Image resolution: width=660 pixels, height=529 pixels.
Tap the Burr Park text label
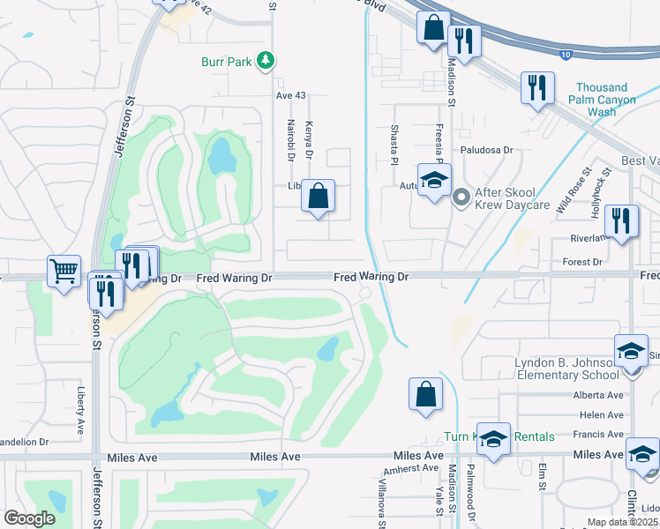click(x=226, y=62)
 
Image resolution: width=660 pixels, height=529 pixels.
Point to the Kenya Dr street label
click(x=309, y=139)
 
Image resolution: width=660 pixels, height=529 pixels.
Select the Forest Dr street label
click(x=582, y=262)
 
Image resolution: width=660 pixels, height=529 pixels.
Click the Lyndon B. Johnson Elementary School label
click(x=565, y=370)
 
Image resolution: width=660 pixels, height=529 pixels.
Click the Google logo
click(x=29, y=518)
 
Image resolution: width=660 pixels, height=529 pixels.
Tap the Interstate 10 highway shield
click(x=565, y=55)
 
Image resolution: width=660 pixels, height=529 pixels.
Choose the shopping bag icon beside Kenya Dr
click(x=319, y=196)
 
